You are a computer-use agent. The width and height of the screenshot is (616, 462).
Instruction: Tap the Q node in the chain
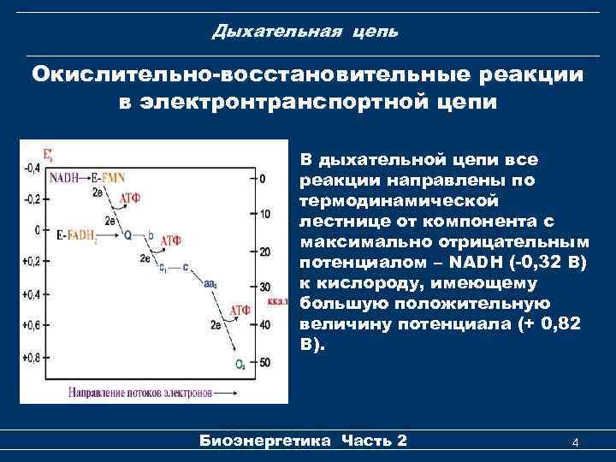[x=127, y=234]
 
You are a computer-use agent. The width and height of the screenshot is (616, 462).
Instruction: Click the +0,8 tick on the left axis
[x=30, y=357]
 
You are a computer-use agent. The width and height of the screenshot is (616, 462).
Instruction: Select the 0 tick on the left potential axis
[x=37, y=229]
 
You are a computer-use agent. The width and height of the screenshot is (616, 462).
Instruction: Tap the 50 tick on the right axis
[x=265, y=363]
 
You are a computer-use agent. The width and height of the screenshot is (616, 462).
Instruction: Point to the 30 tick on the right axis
[x=265, y=286]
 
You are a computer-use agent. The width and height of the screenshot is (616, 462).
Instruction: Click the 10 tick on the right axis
[x=265, y=213]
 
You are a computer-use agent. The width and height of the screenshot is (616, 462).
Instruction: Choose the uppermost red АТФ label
[x=130, y=198]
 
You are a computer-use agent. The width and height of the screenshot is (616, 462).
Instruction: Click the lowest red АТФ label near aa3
[x=239, y=309]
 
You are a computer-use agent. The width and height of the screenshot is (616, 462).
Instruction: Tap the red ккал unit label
[x=279, y=301]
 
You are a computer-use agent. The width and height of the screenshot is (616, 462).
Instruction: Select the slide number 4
[x=575, y=441]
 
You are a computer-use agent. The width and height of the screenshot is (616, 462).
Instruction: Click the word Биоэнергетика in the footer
[x=264, y=441]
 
